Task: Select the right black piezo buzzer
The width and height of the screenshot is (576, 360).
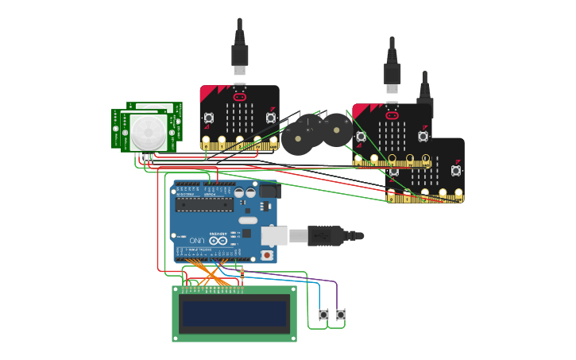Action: pyautogui.click(x=337, y=130)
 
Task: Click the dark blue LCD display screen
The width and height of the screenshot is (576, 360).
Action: pyautogui.click(x=234, y=315)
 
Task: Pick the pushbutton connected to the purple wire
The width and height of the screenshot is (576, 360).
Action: pyautogui.click(x=340, y=315)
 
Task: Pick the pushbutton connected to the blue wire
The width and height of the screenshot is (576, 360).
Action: pyautogui.click(x=323, y=315)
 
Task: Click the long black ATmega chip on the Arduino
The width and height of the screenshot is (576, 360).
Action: pyautogui.click(x=204, y=204)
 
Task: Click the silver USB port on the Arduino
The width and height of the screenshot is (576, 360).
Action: pyautogui.click(x=274, y=235)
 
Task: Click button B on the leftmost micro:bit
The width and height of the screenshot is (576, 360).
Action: pyautogui.click(x=271, y=118)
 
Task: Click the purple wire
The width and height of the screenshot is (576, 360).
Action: pyautogui.click(x=318, y=279)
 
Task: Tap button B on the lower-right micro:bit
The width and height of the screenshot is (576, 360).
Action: pyautogui.click(x=456, y=170)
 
